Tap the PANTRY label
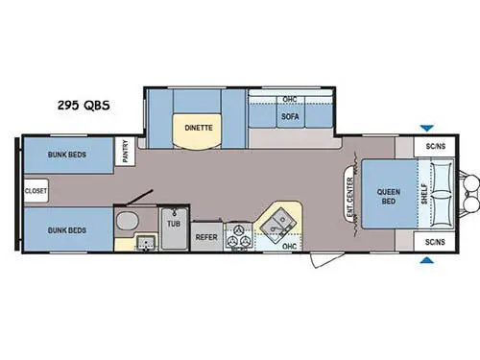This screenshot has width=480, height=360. click(x=125, y=152)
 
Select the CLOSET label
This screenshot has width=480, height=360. click(x=36, y=190)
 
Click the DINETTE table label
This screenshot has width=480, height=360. click(x=199, y=127)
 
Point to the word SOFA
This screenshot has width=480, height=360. click(x=290, y=117)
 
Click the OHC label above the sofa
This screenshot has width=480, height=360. click(x=289, y=100)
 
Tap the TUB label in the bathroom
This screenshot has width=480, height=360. click(x=173, y=222)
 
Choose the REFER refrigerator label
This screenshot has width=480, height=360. click(x=206, y=236)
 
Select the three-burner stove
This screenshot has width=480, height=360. click(x=238, y=236)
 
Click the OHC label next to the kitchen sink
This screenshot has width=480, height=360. click(x=289, y=247)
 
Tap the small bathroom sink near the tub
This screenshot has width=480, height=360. click(x=146, y=241)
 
